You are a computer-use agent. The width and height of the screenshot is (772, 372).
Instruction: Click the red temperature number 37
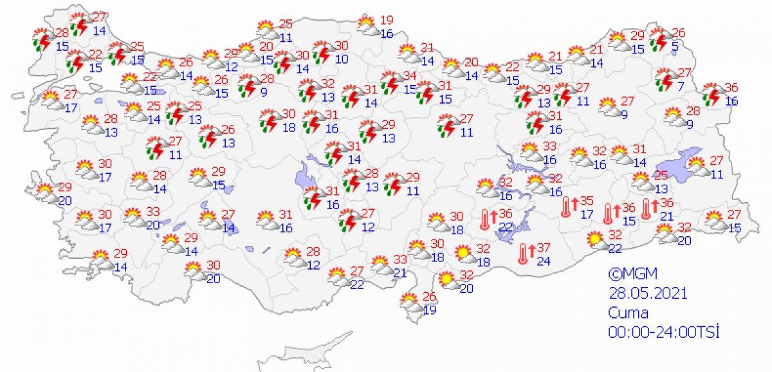(543, 248)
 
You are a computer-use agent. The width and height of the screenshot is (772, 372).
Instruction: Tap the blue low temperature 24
(543, 261)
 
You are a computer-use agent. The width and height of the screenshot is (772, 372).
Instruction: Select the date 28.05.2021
(648, 293)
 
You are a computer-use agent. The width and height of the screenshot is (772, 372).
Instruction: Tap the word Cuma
(629, 313)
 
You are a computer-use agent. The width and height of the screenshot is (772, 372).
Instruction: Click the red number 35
(585, 201)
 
